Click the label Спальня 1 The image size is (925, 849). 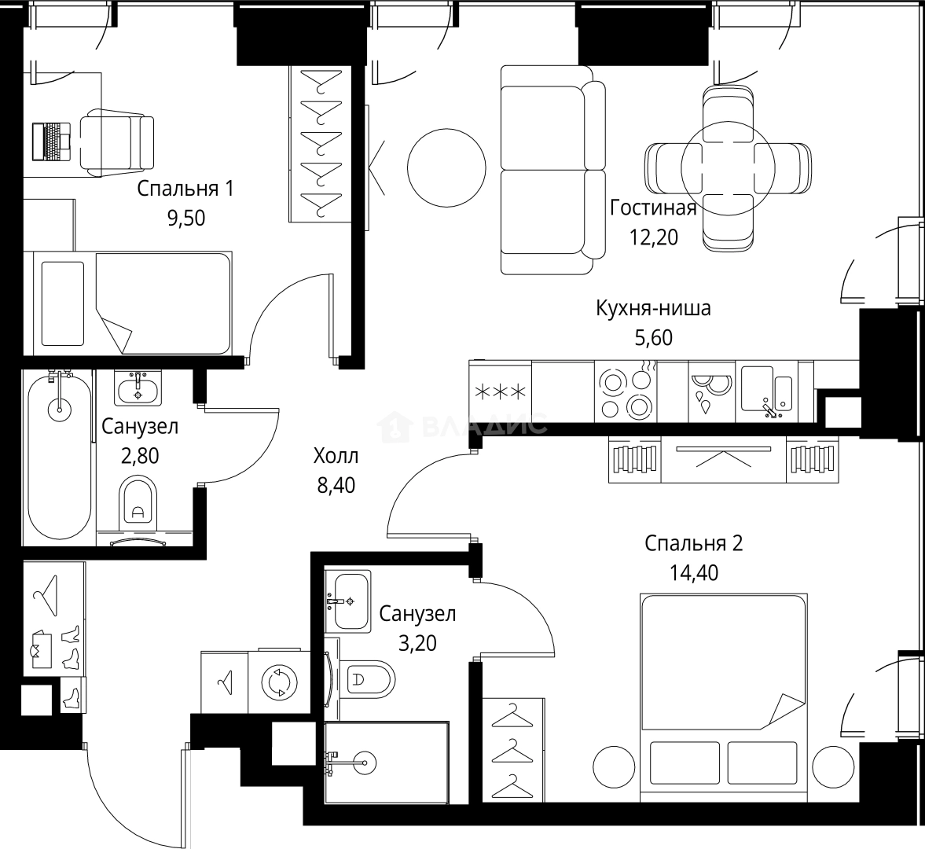point(185,189)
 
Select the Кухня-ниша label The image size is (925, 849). point(653,308)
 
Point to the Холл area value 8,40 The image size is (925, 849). point(336,486)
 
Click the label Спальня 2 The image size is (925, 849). point(693,544)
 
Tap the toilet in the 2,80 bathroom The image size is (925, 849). point(139,504)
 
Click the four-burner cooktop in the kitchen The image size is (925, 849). point(626,392)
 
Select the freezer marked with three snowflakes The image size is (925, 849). point(500,392)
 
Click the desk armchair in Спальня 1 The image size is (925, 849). point(116,141)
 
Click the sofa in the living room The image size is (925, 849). point(552,169)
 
